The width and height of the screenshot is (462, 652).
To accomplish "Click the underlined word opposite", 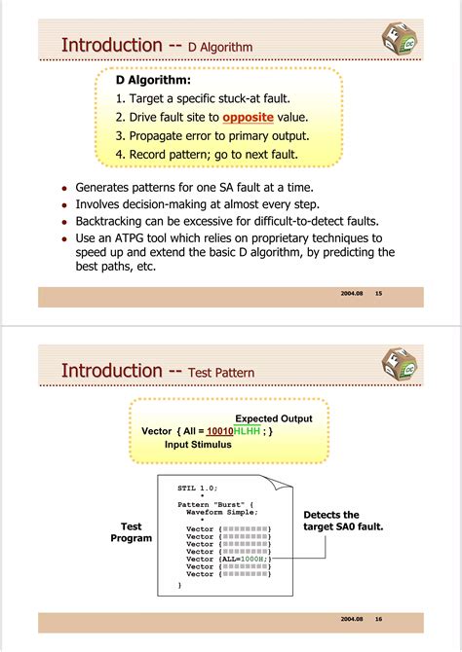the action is click(x=248, y=117).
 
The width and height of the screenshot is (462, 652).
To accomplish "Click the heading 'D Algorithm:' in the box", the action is click(x=153, y=80).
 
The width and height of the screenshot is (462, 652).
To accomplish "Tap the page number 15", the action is click(x=379, y=293).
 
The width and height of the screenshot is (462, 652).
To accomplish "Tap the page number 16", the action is click(x=379, y=619).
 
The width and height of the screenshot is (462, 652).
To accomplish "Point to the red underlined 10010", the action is click(x=219, y=431).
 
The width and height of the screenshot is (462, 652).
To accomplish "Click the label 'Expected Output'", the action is click(x=274, y=418).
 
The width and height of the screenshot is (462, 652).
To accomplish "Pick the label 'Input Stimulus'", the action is click(x=198, y=444).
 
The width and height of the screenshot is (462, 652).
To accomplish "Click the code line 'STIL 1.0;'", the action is click(x=198, y=487).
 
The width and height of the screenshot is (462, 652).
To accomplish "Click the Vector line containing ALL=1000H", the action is click(x=228, y=559).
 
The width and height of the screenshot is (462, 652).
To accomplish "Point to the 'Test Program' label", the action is click(x=131, y=532).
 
